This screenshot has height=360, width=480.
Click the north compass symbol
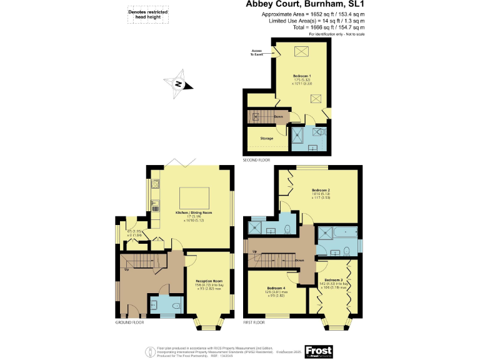179,85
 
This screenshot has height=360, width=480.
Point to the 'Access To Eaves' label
257,52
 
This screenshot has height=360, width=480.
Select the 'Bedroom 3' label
333,280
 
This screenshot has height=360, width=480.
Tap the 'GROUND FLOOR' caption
129,322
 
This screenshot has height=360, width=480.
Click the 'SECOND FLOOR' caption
257,161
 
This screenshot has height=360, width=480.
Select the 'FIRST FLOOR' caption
254,322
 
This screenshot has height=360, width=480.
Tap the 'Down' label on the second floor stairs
278,116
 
